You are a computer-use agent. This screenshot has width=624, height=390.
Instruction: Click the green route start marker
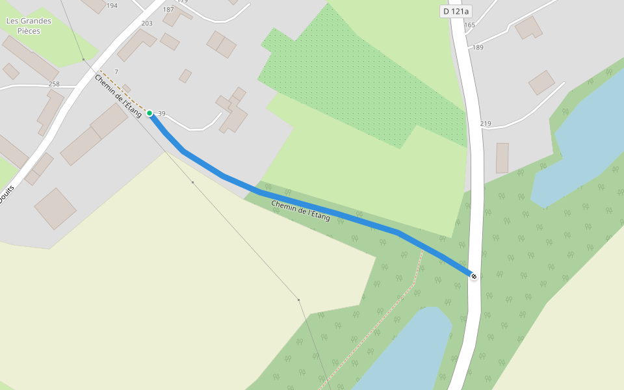(149, 113)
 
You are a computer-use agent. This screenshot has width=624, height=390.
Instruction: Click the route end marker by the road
(474, 277)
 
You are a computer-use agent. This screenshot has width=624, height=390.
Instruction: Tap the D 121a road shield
(455, 11)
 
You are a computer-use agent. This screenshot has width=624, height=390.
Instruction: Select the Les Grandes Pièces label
(29, 26)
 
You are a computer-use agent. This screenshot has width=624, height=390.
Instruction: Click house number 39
(162, 114)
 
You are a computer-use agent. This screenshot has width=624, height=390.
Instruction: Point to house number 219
(486, 123)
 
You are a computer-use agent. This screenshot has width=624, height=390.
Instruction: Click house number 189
(478, 47)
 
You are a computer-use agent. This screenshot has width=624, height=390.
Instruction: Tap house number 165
(470, 25)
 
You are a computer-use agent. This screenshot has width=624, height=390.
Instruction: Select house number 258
(54, 84)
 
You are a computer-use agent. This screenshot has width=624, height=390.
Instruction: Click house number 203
(147, 23)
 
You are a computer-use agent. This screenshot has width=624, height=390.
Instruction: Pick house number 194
(112, 6)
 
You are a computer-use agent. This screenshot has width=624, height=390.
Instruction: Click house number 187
(168, 10)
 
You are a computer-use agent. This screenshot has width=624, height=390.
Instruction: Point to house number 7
(116, 71)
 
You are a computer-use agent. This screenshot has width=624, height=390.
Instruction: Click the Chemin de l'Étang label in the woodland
(300, 211)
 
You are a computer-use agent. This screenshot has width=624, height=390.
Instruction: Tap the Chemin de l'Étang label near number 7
(118, 96)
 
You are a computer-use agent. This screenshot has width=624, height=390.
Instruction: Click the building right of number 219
(502, 158)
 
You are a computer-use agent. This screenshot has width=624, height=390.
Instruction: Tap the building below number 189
(541, 83)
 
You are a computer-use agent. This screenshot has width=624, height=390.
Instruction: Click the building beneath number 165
(528, 27)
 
